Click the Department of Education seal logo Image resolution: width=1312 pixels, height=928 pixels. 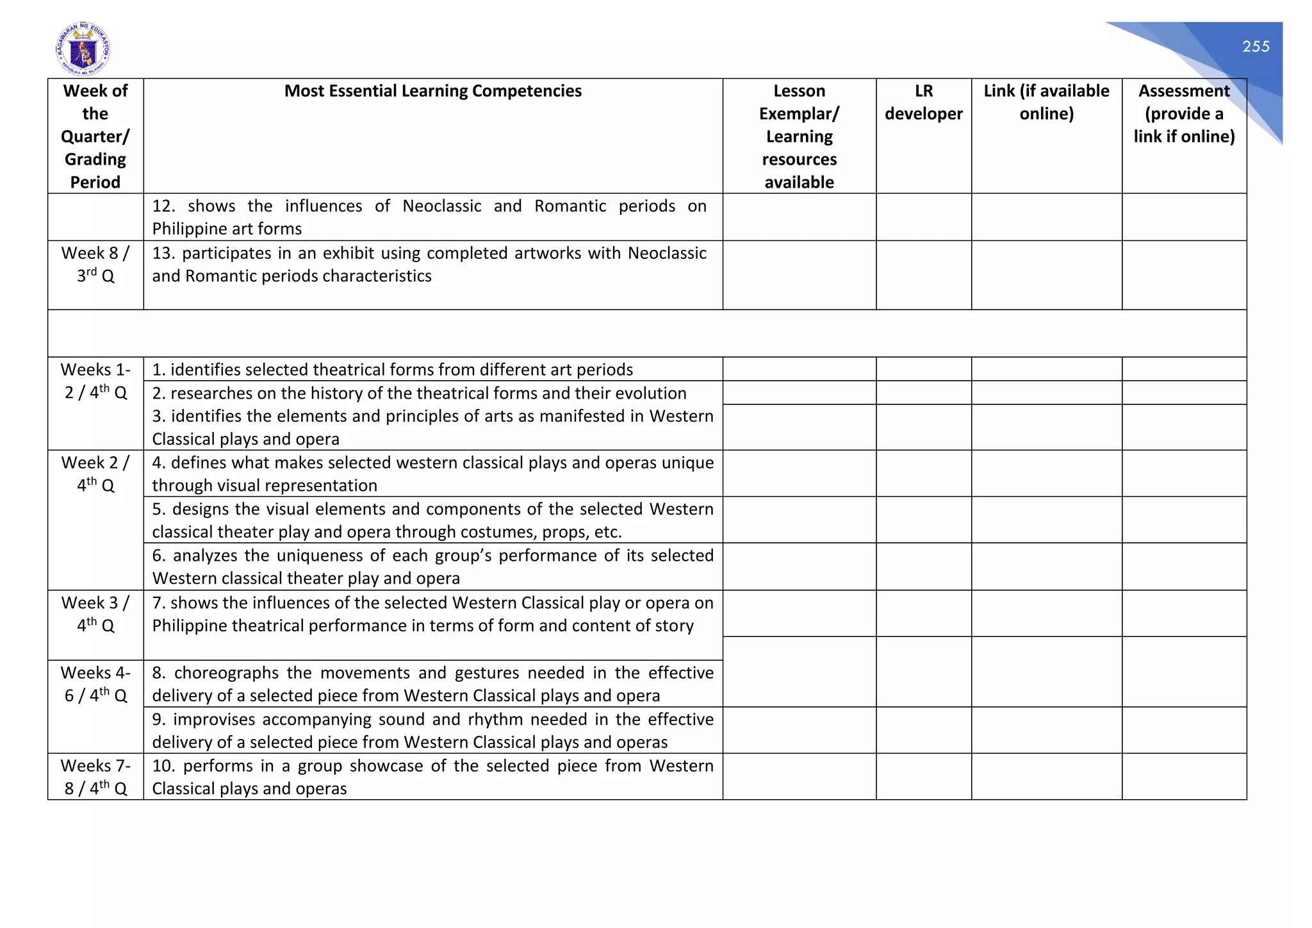click(x=83, y=49)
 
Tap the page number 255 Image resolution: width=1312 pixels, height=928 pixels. click(x=1256, y=47)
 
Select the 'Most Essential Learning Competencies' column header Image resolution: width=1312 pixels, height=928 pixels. click(x=432, y=91)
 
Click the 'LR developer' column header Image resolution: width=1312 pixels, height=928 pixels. click(x=923, y=103)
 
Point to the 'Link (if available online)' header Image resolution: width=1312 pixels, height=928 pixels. click(x=1046, y=103)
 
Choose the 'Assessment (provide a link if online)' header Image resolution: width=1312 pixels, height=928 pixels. click(x=1184, y=113)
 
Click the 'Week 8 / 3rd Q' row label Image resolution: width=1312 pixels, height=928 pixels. click(x=95, y=264)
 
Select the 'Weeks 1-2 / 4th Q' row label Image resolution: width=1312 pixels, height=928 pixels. click(x=95, y=381)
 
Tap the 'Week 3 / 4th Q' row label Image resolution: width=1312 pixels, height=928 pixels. click(x=95, y=614)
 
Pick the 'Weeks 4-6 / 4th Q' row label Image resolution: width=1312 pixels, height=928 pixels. click(x=95, y=684)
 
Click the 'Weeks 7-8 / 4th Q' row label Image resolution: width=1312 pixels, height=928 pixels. click(x=95, y=777)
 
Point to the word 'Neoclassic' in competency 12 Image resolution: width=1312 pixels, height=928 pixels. click(x=441, y=206)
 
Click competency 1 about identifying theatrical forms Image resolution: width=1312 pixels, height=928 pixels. click(x=392, y=370)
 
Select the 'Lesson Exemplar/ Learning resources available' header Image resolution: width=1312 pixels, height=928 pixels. click(x=799, y=137)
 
